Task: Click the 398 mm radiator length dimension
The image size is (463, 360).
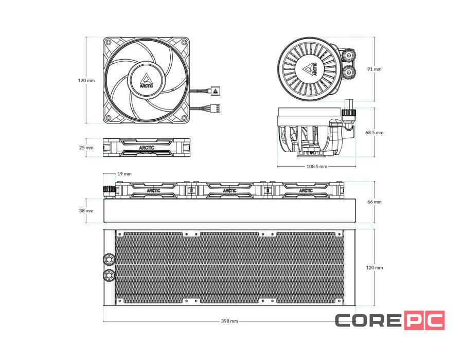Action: (x=229, y=321)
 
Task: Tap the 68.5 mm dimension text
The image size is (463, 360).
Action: (x=374, y=132)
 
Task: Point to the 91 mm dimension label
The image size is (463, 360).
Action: (x=374, y=69)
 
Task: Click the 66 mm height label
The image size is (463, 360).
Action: (x=374, y=202)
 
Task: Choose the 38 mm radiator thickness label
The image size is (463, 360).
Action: (x=86, y=210)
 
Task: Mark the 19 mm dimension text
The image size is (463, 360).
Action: (x=124, y=174)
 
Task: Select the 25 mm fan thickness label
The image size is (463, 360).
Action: (x=86, y=148)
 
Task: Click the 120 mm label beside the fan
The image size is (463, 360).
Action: (x=86, y=80)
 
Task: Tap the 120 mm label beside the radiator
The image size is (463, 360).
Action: (x=375, y=267)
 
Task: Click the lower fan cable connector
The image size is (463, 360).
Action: (x=216, y=109)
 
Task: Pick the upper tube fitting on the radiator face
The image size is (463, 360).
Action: (x=110, y=258)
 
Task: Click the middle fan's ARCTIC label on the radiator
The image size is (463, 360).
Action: (x=230, y=190)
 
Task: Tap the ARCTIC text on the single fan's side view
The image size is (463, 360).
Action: (x=146, y=147)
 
